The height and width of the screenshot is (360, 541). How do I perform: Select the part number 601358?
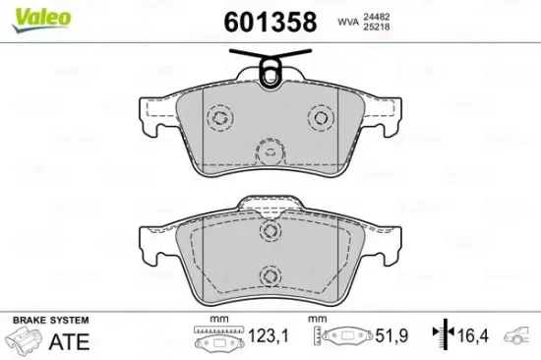tap(270, 21)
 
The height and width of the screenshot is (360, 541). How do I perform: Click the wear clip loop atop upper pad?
tap(270, 67)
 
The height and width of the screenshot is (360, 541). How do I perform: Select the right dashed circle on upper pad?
tap(320, 117)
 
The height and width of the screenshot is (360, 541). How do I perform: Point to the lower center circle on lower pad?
tap(269, 277)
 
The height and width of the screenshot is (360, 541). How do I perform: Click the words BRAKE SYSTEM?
tap(49, 321)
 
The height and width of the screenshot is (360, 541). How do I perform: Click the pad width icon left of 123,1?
tap(212, 340)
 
